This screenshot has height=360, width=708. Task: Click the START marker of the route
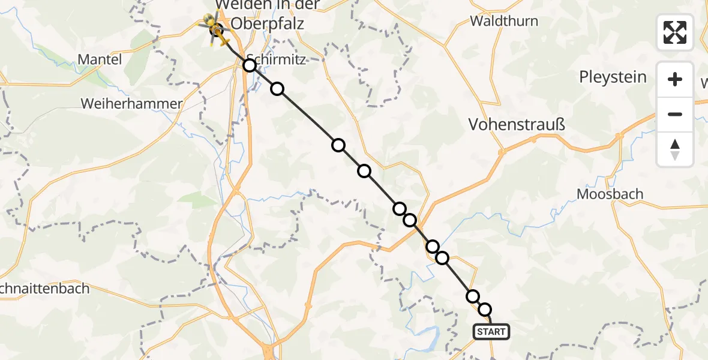tap(491, 332)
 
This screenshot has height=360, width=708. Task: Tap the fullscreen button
tap(675, 32)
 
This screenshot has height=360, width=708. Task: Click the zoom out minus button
tap(675, 114)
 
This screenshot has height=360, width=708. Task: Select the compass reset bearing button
tap(675, 149)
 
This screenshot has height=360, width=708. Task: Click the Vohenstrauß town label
tap(517, 124)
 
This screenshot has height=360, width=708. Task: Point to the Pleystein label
tap(613, 77)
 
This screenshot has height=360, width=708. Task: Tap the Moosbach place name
tap(610, 194)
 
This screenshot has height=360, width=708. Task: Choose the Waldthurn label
tap(504, 21)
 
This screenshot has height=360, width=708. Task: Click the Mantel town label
tap(100, 59)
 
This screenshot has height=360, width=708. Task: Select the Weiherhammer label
tap(131, 104)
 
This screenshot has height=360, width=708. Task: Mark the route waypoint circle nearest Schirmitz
tap(250, 65)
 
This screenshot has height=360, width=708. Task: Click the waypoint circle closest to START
tap(485, 310)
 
